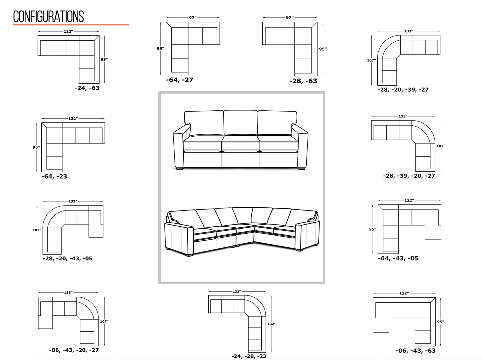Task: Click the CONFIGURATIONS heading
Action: [48, 16]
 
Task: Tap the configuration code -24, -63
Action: [87, 88]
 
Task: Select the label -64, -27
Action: [180, 80]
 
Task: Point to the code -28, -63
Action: [303, 81]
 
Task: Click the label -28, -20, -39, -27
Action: [403, 90]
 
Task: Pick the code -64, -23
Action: [54, 176]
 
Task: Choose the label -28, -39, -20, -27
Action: [409, 176]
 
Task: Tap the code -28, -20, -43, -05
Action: [68, 258]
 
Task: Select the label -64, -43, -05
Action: [398, 258]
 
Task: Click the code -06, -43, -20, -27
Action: [74, 350]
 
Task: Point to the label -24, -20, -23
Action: [249, 356]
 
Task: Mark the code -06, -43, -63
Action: [416, 351]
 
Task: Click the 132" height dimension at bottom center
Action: [272, 324]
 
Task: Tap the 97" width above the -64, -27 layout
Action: [193, 18]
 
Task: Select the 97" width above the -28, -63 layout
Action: [290, 18]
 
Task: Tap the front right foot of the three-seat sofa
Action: [301, 168]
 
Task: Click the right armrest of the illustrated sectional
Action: [307, 236]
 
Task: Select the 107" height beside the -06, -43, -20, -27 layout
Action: [104, 322]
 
